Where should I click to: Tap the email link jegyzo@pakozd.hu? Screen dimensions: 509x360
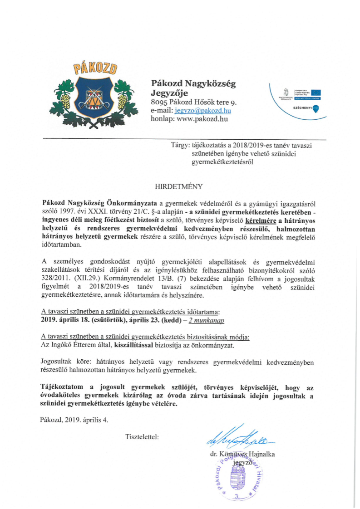click(197, 111)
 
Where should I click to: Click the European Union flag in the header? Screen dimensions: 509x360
click(314, 93)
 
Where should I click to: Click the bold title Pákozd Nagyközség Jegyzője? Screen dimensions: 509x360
click(193, 88)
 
